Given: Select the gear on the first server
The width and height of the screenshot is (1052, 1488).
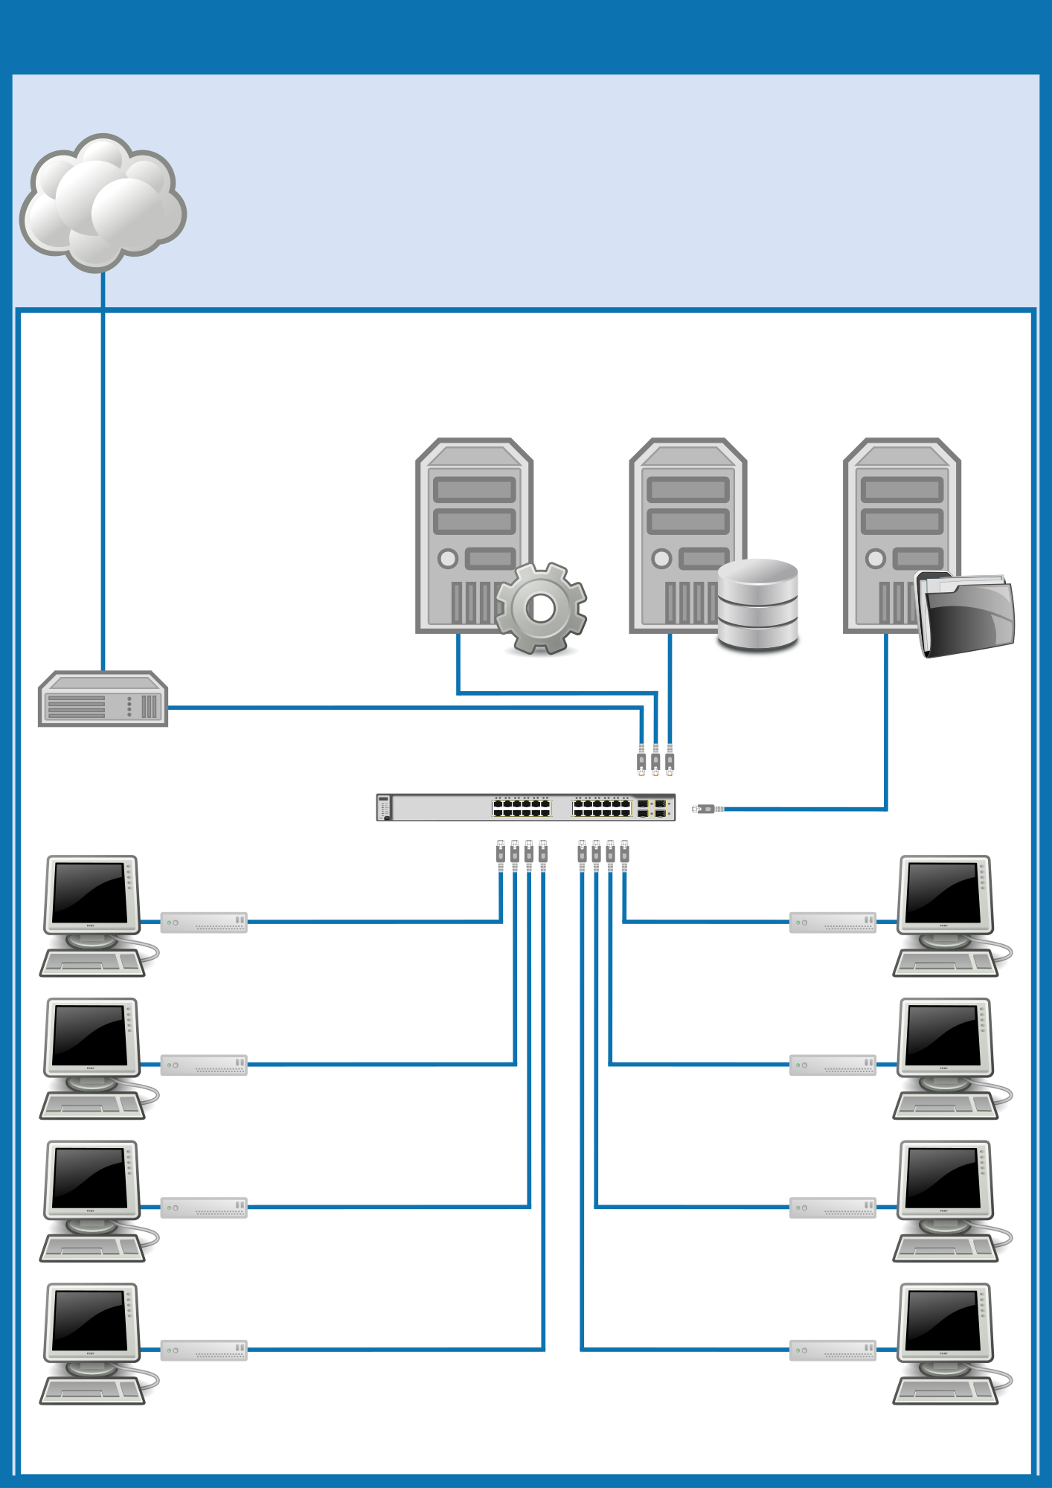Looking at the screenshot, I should point(541,609).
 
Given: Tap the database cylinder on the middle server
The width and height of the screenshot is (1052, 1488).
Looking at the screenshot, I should point(757,604).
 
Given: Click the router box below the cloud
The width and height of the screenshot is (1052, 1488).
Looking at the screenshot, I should point(103,699).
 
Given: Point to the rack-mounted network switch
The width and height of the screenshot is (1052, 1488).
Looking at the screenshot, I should point(525,807).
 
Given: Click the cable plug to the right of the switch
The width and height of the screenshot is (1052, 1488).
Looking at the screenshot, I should point(707,809).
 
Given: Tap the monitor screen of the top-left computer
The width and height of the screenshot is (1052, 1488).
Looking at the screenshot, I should point(90,892).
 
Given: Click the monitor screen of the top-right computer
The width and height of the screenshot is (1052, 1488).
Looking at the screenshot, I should point(943,892).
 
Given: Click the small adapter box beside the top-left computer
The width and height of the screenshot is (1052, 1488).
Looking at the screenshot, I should point(204,923).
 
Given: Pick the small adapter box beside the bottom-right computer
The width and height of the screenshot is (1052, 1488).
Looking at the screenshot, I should point(833,1350).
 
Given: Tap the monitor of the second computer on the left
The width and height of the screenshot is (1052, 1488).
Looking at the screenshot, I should point(90,1035).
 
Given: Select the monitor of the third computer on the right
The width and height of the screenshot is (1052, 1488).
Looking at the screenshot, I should point(943,1178).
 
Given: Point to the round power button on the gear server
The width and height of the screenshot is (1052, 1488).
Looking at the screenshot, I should point(448,558).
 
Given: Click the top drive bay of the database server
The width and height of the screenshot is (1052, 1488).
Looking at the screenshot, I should point(688,490).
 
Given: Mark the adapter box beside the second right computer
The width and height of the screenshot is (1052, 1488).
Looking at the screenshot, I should point(833,1065).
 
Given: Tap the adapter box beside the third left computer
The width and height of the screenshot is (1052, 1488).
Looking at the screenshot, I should point(204,1208).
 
